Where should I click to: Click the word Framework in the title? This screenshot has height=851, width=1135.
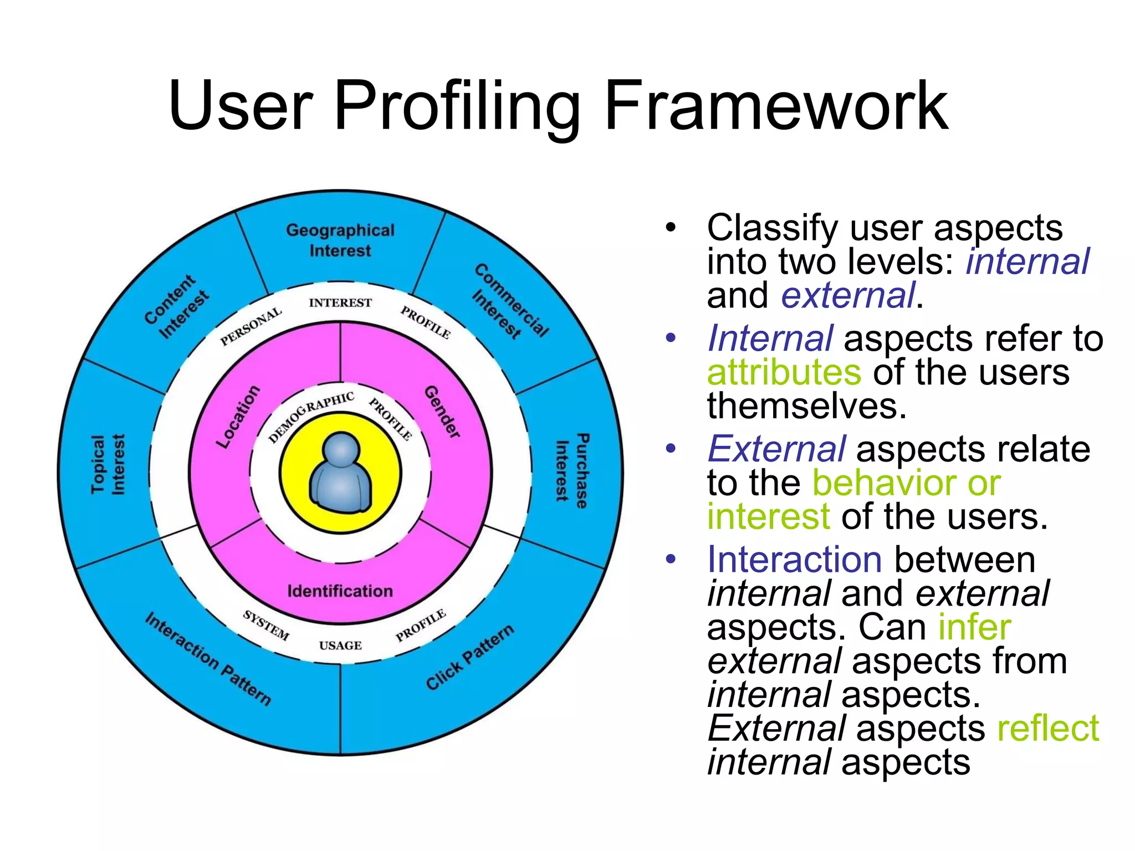(x=776, y=105)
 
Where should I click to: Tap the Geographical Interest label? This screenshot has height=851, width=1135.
(x=340, y=240)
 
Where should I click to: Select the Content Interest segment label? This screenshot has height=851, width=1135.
(x=177, y=306)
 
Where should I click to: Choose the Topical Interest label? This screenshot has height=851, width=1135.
(x=108, y=464)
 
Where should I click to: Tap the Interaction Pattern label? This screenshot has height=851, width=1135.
(x=208, y=659)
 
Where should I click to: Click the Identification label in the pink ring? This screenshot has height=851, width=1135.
(x=340, y=591)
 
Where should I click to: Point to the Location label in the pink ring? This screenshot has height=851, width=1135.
(x=238, y=416)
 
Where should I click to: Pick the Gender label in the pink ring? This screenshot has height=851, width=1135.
(x=442, y=412)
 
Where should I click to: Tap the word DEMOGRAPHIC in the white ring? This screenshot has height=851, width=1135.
(x=311, y=416)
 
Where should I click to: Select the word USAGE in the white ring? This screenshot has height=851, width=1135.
(x=340, y=645)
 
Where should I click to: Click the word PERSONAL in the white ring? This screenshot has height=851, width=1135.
(x=250, y=327)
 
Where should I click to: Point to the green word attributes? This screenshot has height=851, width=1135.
(x=784, y=372)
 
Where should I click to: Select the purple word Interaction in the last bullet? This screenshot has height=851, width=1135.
(x=794, y=559)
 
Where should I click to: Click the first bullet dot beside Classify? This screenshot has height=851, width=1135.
(x=671, y=227)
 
